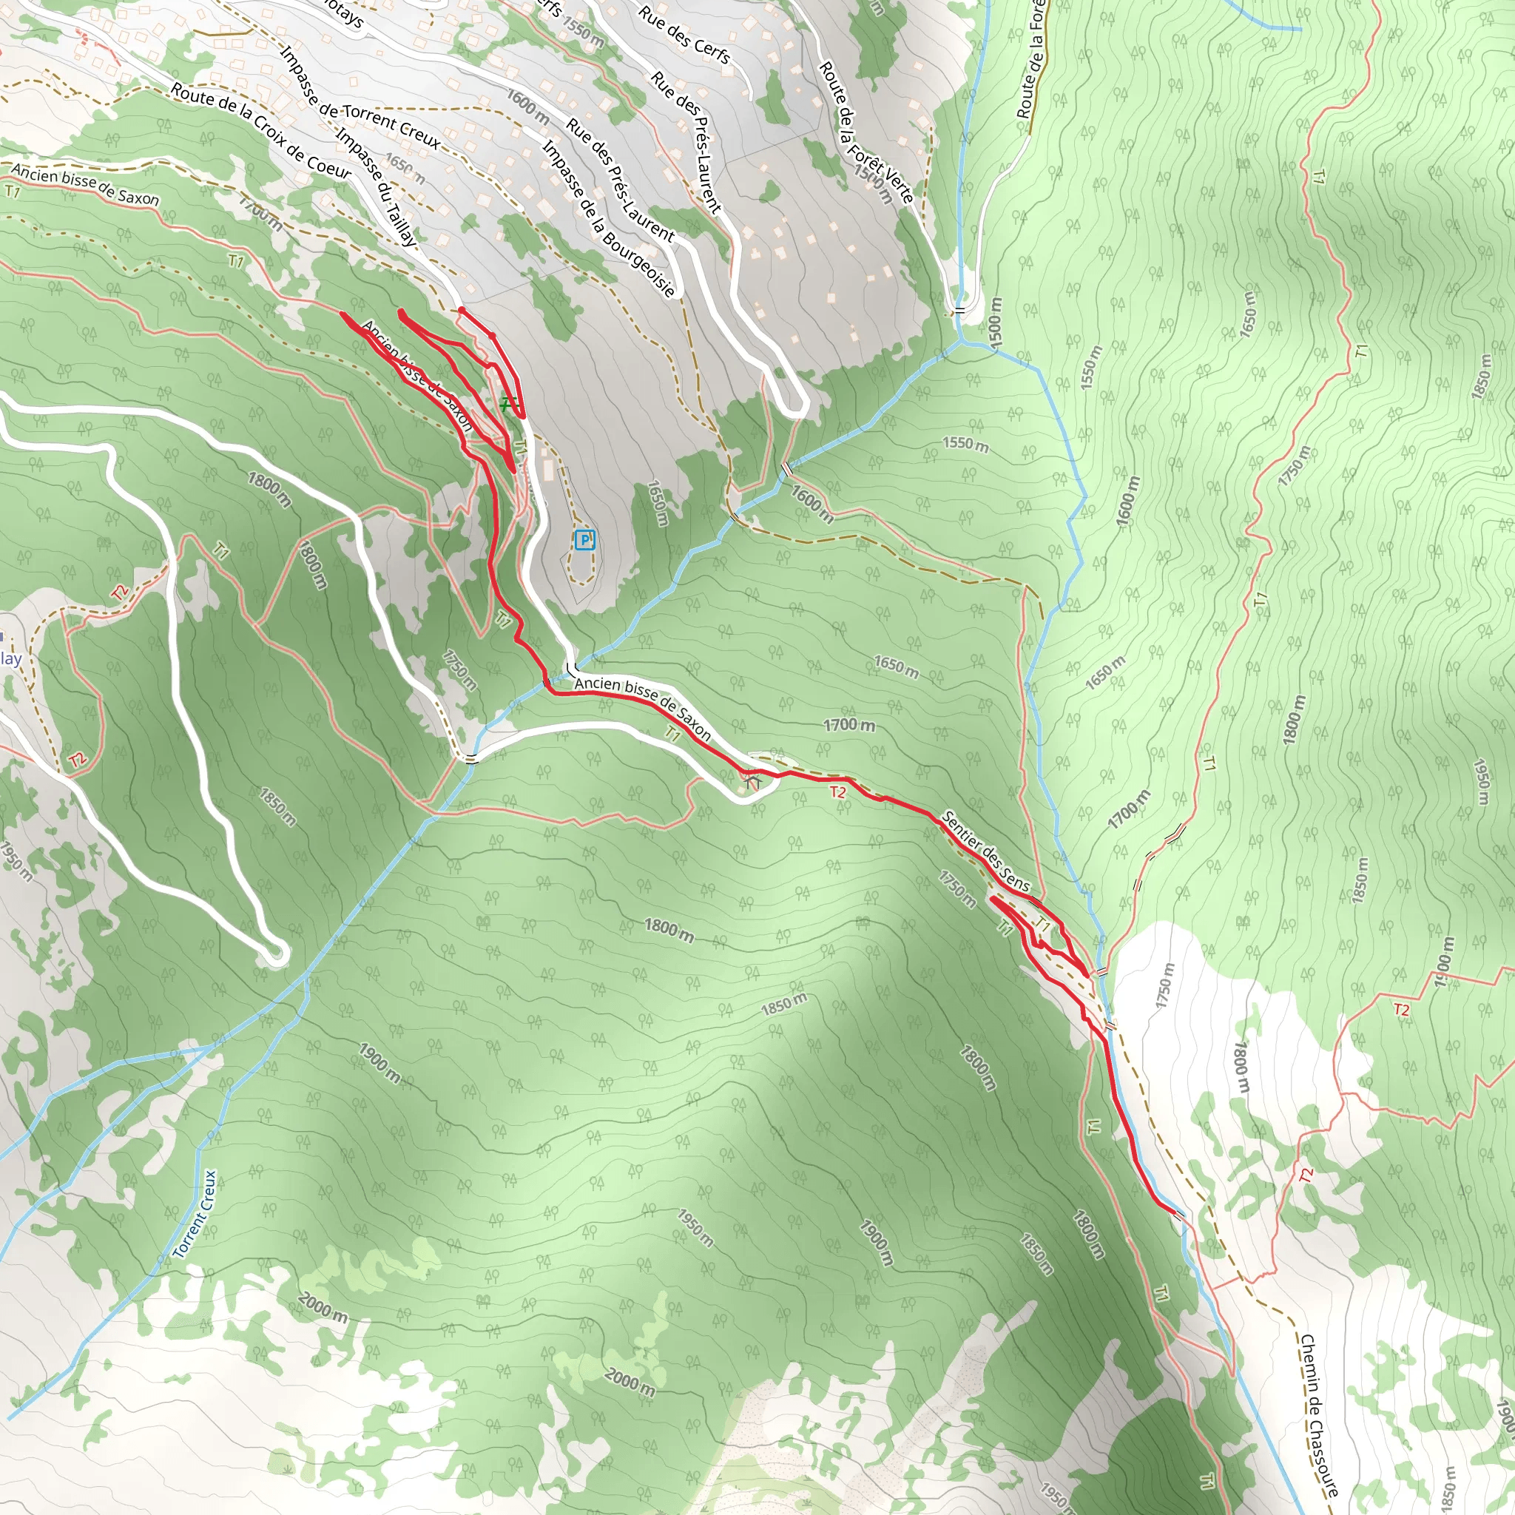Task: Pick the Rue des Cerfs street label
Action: [684, 35]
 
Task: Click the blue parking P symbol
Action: [584, 539]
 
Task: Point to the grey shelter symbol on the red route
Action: [753, 782]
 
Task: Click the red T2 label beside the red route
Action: [838, 792]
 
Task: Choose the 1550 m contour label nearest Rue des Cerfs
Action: [584, 30]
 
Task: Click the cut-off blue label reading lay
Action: [11, 658]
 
